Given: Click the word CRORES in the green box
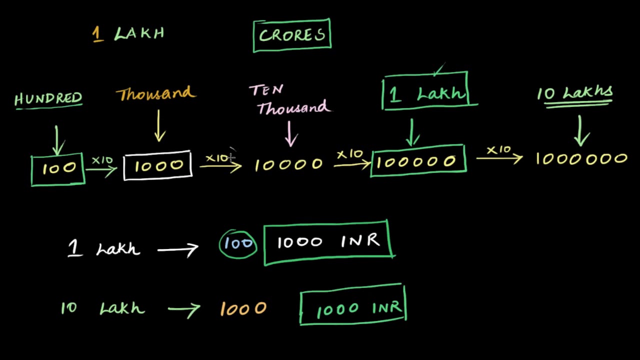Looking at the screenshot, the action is point(292,35).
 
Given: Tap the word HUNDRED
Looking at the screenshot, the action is point(48,98).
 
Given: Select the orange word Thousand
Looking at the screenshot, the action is point(155,94).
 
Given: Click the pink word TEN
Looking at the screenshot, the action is point(266,90).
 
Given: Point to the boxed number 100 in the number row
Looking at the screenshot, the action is point(59,168).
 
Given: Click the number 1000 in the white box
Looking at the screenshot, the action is point(158,166).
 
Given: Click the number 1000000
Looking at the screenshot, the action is point(581,159).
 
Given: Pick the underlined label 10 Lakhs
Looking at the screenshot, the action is point(575,93).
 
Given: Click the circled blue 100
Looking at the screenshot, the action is point(238,243).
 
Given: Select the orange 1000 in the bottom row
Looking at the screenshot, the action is point(243,309).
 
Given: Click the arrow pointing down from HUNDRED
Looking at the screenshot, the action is point(57,139).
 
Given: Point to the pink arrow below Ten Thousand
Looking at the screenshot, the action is point(290,133).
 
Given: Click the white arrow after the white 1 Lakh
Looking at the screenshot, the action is point(178,248).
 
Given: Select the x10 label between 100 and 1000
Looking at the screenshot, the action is point(102,160).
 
